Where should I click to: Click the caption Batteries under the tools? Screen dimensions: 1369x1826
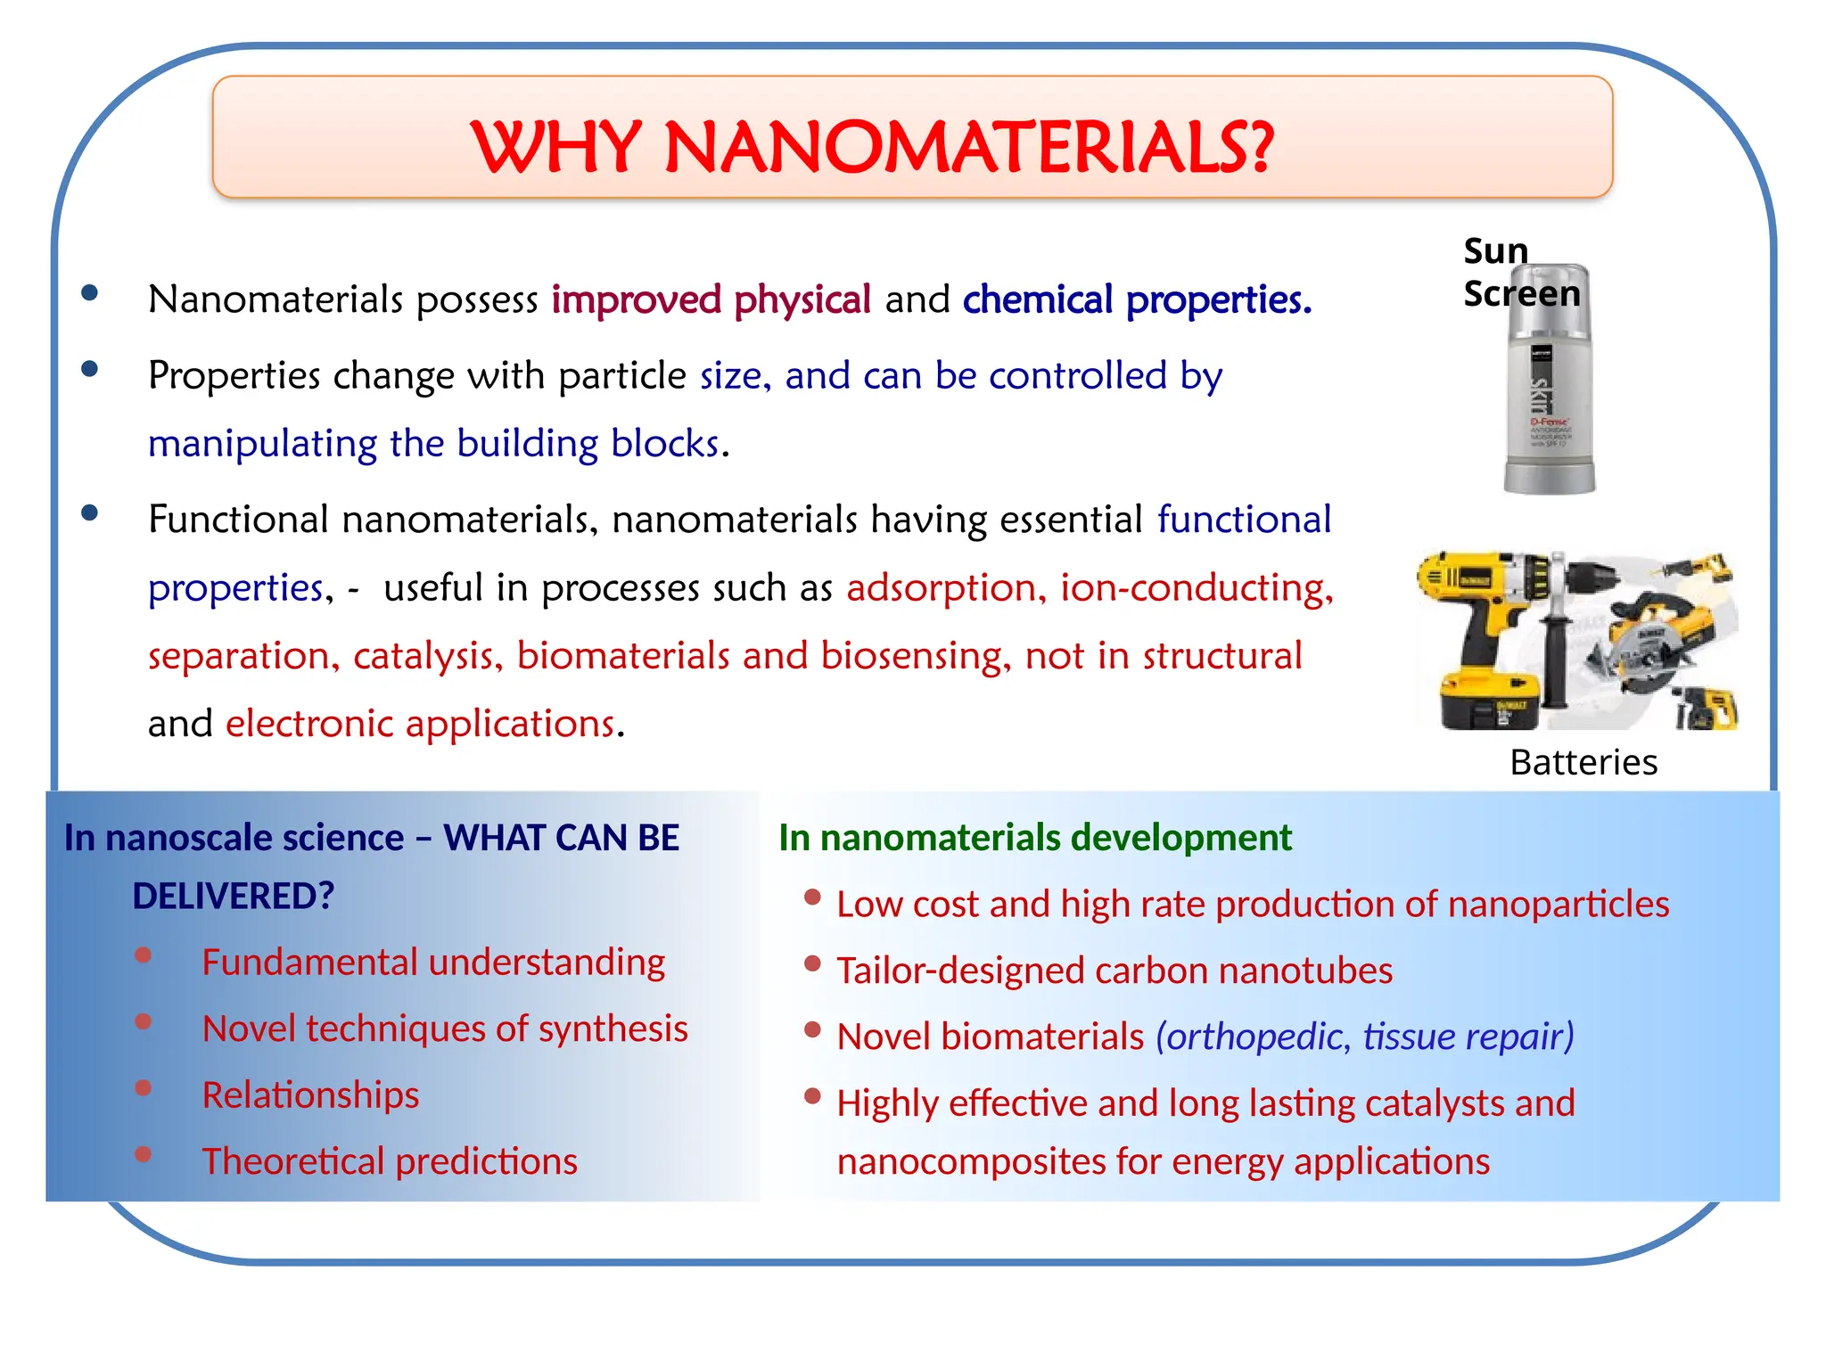(x=1583, y=763)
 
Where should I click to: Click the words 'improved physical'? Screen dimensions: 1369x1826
(x=711, y=299)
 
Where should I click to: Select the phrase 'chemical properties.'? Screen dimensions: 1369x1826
(x=1137, y=299)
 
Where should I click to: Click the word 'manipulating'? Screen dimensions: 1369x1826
(x=263, y=444)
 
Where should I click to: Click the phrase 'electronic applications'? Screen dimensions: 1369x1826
(x=420, y=724)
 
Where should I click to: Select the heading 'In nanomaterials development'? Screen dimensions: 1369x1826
(x=1034, y=838)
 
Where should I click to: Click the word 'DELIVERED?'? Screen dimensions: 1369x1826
(x=233, y=896)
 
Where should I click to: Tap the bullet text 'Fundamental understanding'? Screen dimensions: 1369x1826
(x=433, y=963)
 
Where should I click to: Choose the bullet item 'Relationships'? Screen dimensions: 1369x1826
(x=310, y=1095)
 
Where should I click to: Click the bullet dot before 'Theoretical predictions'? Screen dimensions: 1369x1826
(x=143, y=1155)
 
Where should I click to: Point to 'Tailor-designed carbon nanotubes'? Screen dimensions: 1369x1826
(x=1115, y=971)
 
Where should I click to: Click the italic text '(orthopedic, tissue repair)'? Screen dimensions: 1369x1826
(x=1365, y=1037)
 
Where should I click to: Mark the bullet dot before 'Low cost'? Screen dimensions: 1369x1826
(x=812, y=898)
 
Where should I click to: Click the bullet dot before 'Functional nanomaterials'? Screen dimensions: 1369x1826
(x=89, y=512)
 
